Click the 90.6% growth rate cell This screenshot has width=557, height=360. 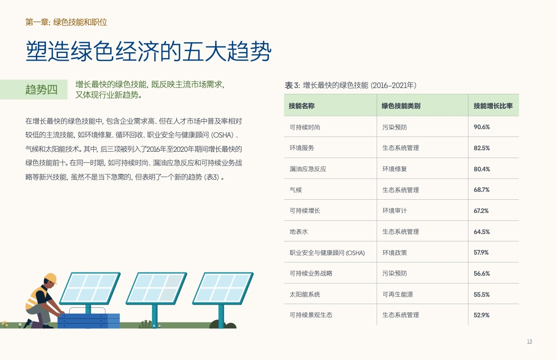tap(482, 127)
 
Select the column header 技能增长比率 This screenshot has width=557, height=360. tap(493, 106)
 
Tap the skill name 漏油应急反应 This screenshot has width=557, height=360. tap(308, 169)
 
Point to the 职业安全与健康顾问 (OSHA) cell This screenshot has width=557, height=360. tap(327, 253)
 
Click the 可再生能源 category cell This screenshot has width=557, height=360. tap(398, 294)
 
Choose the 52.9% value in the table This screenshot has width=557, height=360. tap(482, 315)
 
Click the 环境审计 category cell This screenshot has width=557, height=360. tap(395, 210)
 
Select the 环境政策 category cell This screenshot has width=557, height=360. tap(395, 253)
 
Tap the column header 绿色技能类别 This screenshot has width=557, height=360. tap(401, 106)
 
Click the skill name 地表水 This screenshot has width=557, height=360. tap(299, 232)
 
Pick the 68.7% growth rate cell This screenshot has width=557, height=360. tap(482, 190)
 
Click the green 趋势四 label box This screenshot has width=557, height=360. tap(34, 90)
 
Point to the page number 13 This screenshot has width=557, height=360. tap(529, 342)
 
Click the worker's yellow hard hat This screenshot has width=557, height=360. tap(51, 278)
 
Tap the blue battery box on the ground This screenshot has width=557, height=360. tap(89, 320)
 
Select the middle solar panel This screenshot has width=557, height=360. tap(156, 288)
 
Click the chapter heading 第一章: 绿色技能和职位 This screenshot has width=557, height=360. tap(66, 22)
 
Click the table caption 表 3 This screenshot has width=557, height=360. tap(292, 85)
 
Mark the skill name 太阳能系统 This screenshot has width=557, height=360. tap(305, 294)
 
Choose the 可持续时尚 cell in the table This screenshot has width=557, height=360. tap(305, 127)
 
